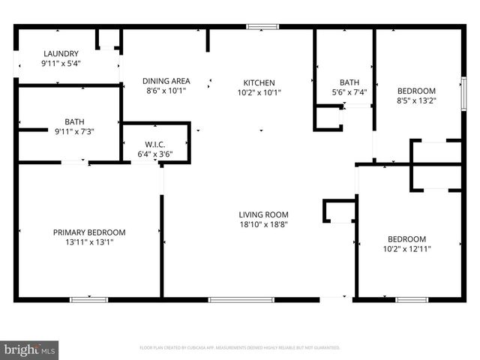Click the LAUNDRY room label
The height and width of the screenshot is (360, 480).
click(61, 53)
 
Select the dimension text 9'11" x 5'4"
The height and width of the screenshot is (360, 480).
click(61, 63)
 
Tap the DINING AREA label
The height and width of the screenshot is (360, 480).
click(166, 81)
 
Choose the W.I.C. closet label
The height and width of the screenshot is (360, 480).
click(155, 145)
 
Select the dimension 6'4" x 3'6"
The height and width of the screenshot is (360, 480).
click(155, 154)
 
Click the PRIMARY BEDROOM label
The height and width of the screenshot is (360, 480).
click(89, 232)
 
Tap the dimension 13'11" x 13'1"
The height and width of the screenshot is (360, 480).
click(89, 242)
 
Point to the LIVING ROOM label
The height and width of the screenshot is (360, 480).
click(264, 214)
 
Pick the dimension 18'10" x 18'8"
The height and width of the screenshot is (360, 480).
click(264, 224)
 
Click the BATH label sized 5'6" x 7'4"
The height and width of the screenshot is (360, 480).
click(349, 82)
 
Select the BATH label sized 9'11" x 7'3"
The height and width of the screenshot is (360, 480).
click(75, 121)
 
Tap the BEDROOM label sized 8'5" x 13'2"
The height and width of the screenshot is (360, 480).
click(416, 91)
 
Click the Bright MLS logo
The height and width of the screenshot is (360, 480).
click(30, 349)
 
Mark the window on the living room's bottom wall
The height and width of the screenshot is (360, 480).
click(230, 300)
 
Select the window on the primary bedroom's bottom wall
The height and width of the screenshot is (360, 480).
click(88, 300)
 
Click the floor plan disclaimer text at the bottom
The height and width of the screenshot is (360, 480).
click(240, 348)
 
